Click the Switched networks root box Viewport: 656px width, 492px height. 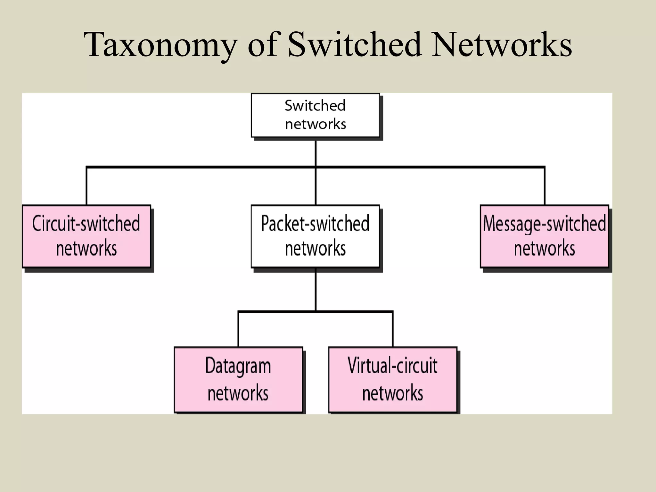315,115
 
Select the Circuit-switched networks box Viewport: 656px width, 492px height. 86,236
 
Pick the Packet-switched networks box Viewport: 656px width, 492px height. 315,236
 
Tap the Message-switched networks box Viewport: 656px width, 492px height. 544,236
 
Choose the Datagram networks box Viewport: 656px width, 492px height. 238,379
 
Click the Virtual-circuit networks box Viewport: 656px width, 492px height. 392,379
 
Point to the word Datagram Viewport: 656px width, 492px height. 238,366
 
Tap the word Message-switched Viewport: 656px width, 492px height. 544,224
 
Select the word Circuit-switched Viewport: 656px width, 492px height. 86,224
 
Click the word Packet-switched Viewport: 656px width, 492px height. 315,224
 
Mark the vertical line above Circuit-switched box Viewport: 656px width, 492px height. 86,186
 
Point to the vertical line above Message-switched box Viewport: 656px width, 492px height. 545,186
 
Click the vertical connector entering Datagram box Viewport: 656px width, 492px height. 238,329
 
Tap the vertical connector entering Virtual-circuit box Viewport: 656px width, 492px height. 393,329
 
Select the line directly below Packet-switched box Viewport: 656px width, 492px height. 316,290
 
